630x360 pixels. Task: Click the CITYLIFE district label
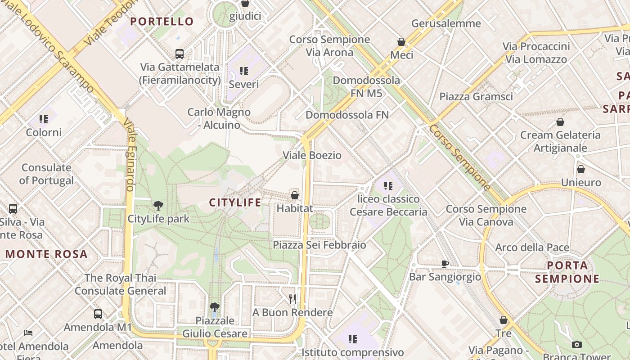pyautogui.click(x=235, y=202)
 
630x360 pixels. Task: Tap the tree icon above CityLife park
pyautogui.click(x=158, y=206)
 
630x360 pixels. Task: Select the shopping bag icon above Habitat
pyautogui.click(x=295, y=195)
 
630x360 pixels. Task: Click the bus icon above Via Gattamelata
pyautogui.click(x=180, y=54)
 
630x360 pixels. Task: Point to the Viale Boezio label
pyautogui.click(x=312, y=156)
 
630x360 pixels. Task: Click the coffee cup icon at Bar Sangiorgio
pyautogui.click(x=445, y=264)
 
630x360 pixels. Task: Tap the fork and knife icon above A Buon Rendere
pyautogui.click(x=292, y=299)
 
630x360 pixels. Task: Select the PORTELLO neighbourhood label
pyautogui.click(x=162, y=22)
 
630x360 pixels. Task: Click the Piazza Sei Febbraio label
pyautogui.click(x=319, y=245)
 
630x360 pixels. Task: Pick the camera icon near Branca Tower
pyautogui.click(x=576, y=344)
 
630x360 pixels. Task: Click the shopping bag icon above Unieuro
pyautogui.click(x=581, y=169)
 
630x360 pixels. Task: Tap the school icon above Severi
pyautogui.click(x=244, y=71)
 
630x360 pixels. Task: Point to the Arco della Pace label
pyautogui.click(x=532, y=247)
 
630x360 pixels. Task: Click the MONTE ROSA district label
pyautogui.click(x=46, y=254)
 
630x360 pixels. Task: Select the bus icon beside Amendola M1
pyautogui.click(x=98, y=314)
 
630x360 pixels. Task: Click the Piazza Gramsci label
pyautogui.click(x=476, y=97)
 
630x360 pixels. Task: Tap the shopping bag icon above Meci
pyautogui.click(x=401, y=42)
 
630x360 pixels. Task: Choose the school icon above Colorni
pyautogui.click(x=44, y=119)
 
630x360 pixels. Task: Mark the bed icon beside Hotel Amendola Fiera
pyautogui.click(x=28, y=333)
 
